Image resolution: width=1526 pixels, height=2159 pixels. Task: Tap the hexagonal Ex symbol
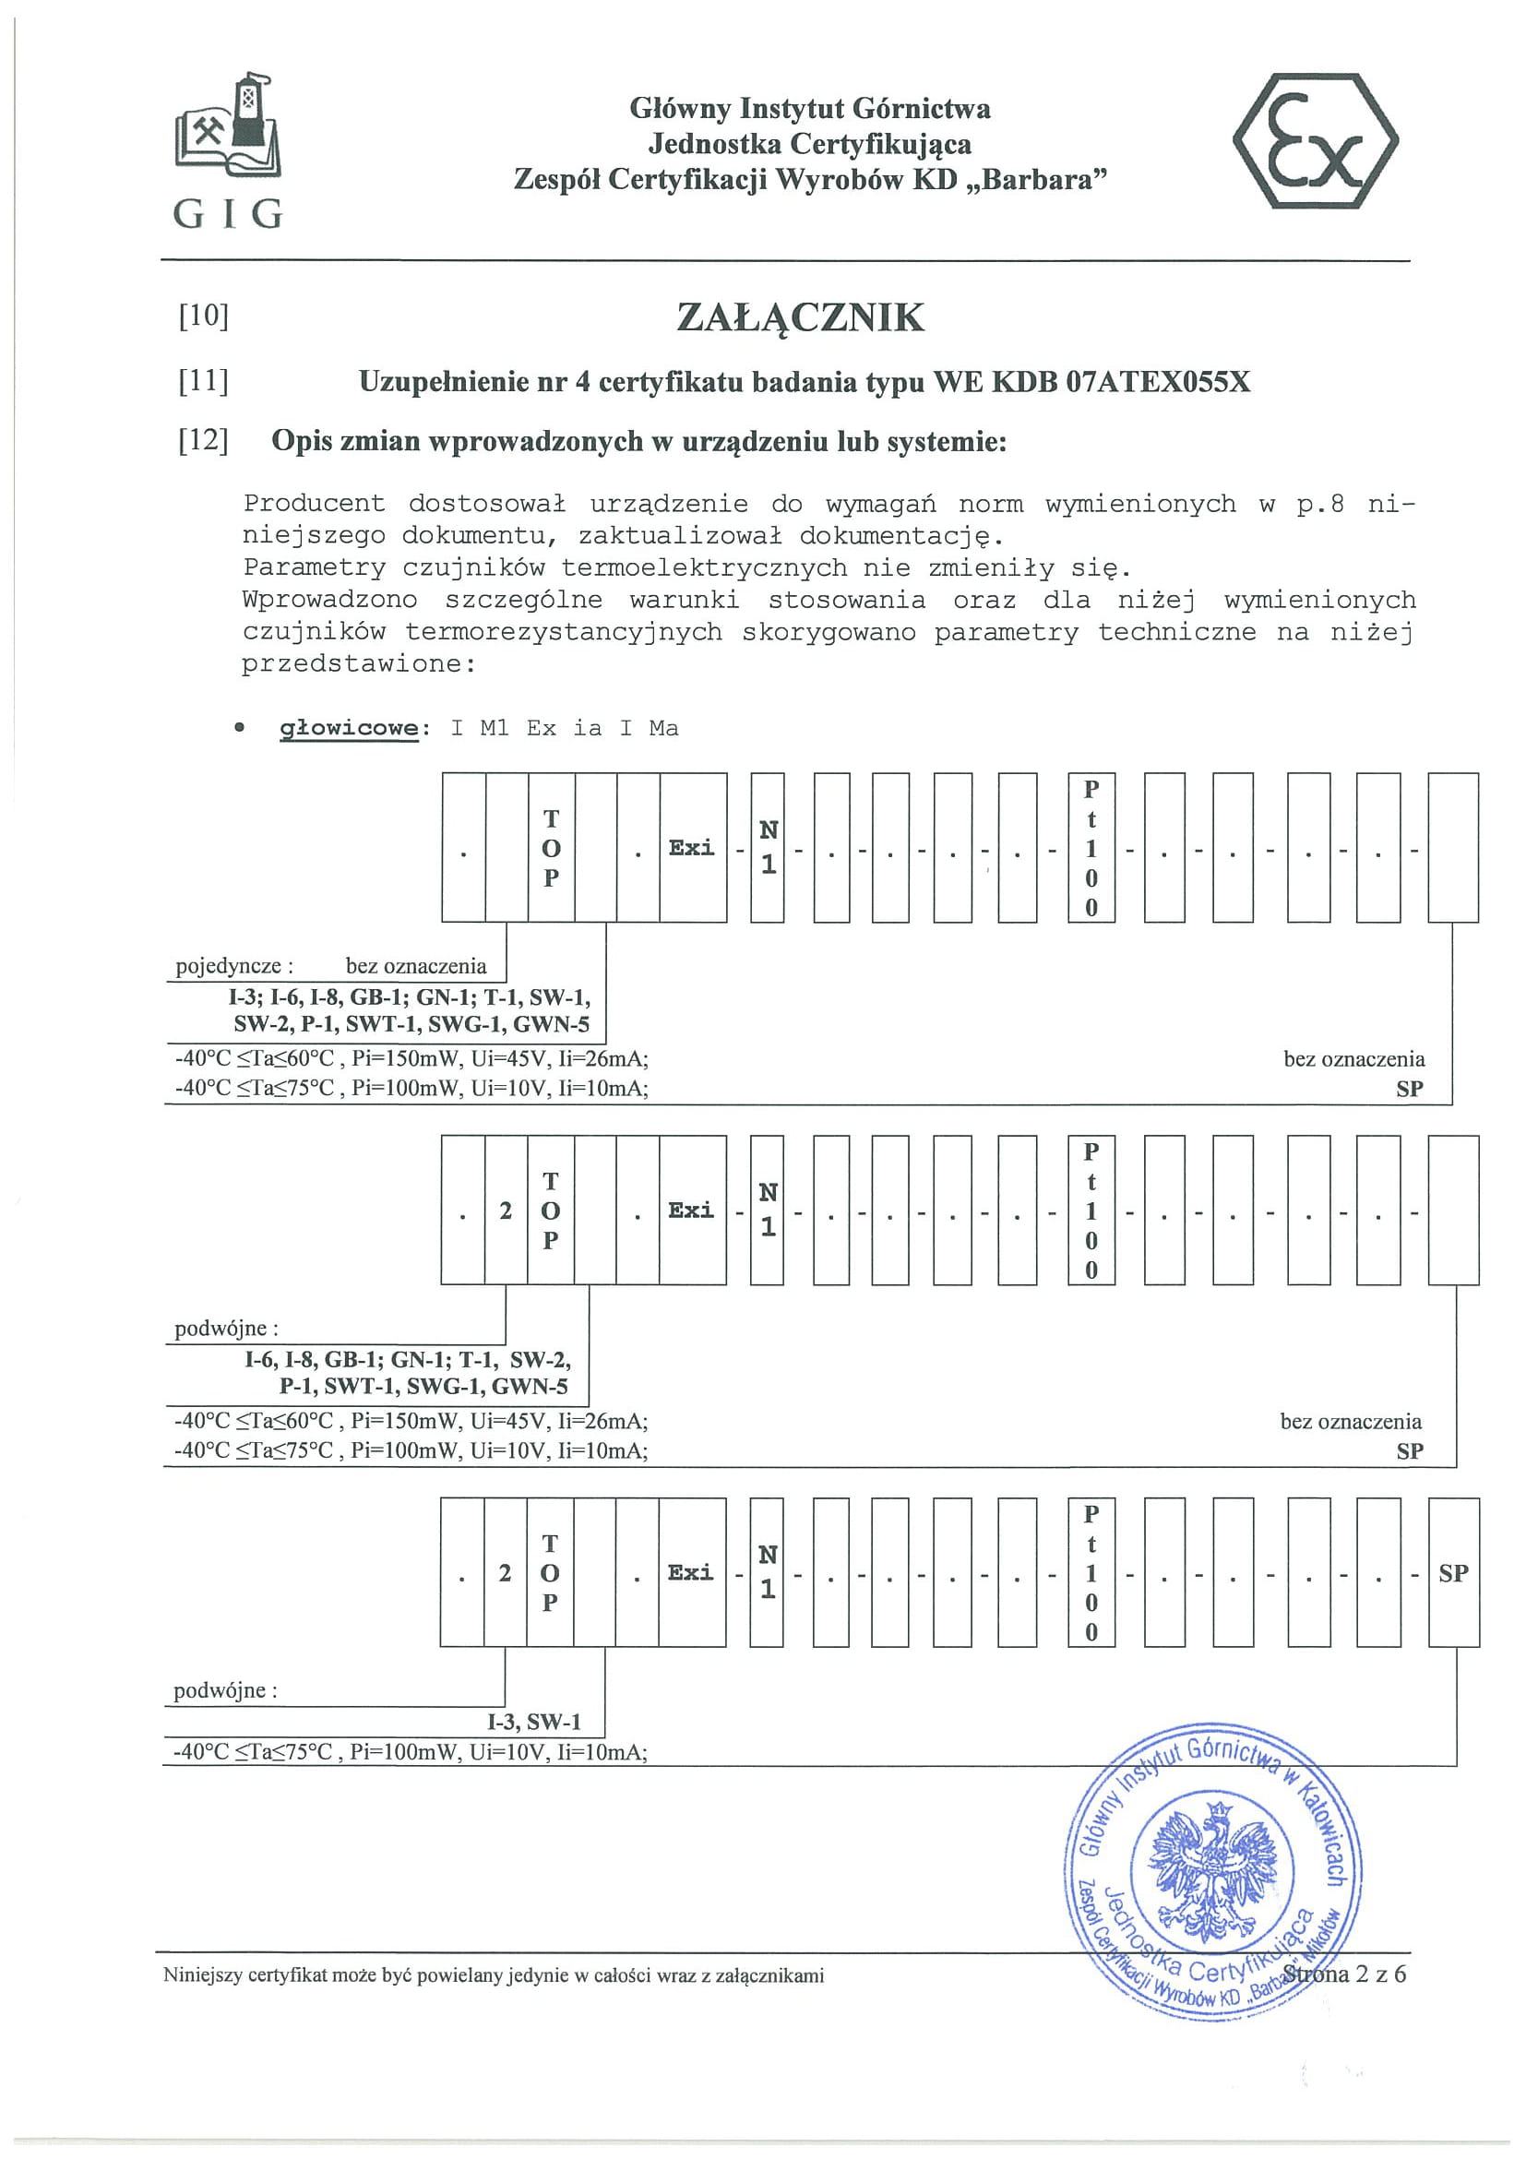pos(1315,141)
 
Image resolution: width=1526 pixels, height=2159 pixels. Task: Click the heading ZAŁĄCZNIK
pos(800,317)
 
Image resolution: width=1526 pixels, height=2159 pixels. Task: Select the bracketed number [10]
pos(203,315)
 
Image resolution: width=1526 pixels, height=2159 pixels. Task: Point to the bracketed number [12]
pos(203,440)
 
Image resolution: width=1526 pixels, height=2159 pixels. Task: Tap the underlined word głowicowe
pos(349,728)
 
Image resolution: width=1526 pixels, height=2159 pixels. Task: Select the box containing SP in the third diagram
pos(1453,1573)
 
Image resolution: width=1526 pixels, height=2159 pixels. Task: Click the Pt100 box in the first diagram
pos(1091,847)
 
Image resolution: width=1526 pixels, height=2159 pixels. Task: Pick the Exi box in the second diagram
pos(691,1211)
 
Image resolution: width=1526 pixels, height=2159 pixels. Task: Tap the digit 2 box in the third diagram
pos(505,1573)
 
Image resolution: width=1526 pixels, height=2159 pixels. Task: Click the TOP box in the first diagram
pos(551,847)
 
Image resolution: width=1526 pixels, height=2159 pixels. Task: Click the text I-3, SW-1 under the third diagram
pos(533,1722)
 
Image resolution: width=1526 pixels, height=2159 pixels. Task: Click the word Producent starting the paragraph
pos(314,504)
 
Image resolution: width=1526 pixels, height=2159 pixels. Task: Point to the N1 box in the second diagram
pos(768,1211)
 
